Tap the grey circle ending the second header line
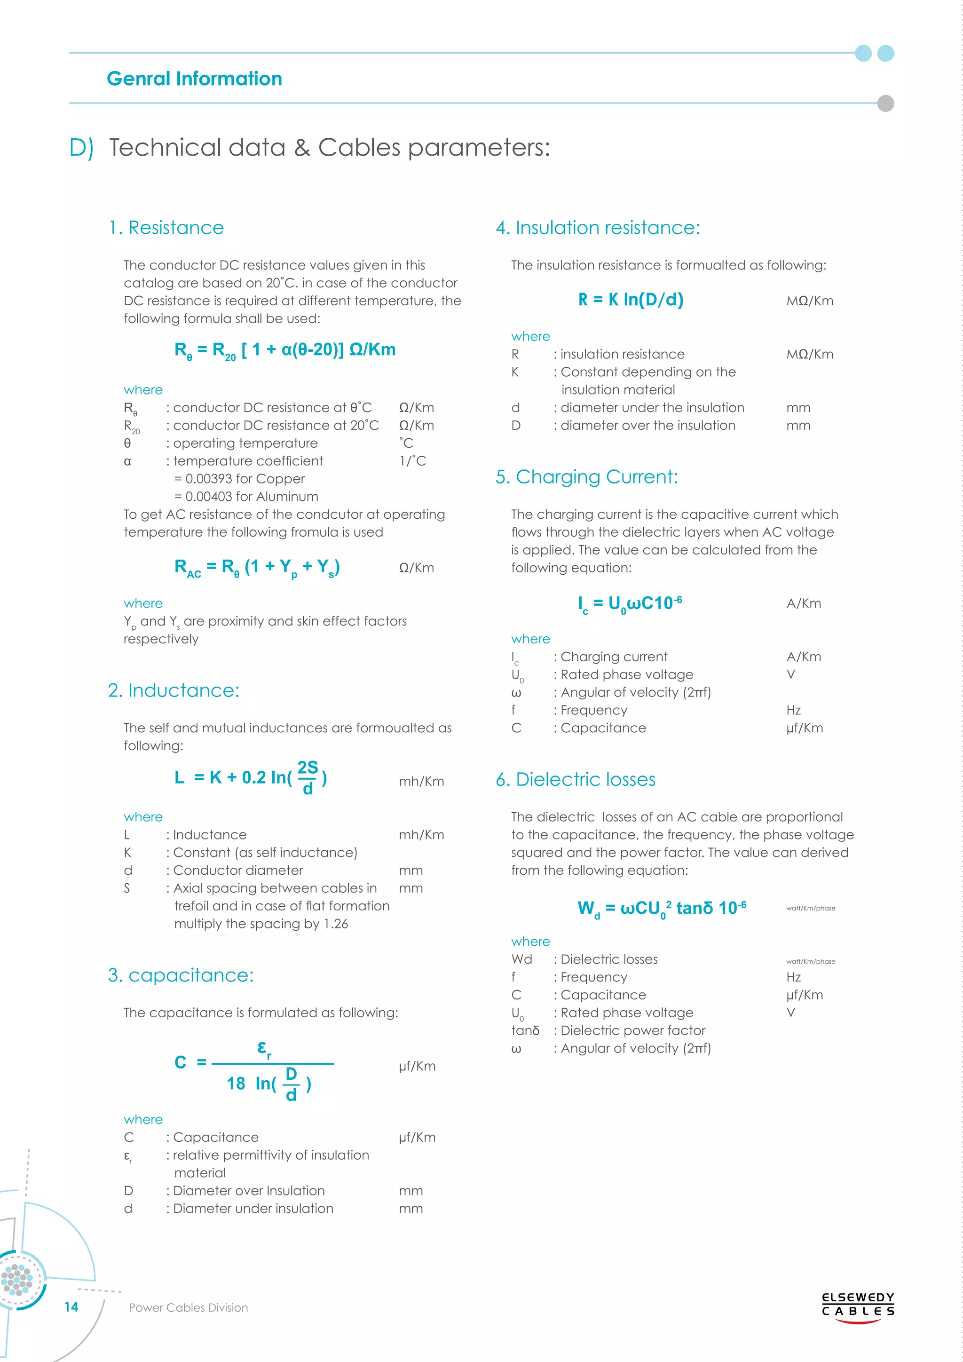coord(885,103)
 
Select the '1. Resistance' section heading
coord(166,228)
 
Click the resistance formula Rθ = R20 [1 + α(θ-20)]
coord(284,350)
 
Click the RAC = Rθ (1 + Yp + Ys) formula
coord(257,568)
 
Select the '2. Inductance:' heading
coord(174,690)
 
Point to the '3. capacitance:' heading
coord(181,975)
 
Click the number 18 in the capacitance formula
coord(236,1084)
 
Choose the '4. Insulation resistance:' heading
coord(598,228)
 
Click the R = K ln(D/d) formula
coord(631,300)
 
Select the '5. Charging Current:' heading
coord(586,477)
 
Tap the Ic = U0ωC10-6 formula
coord(630,604)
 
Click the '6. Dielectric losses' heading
coord(575,779)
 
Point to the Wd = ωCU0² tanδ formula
coord(661,908)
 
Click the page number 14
coord(71,1307)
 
